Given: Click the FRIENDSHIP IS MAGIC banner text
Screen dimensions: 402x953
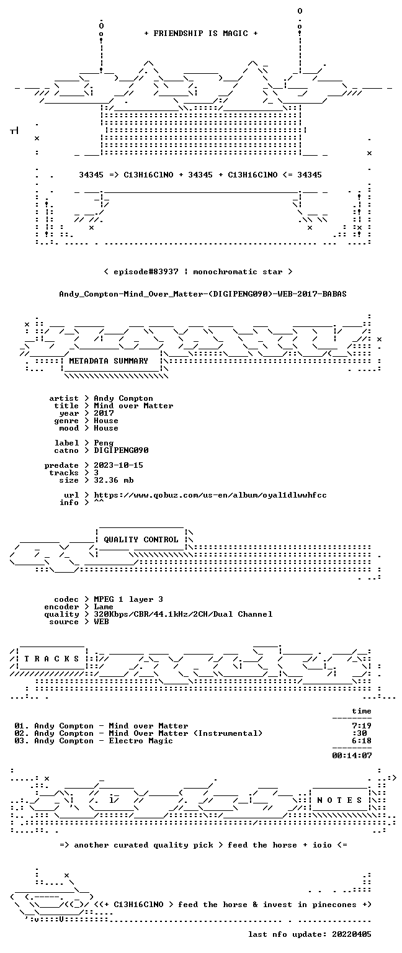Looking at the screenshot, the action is click(x=201, y=33).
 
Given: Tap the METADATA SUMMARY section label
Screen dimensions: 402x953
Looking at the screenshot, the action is click(x=109, y=360).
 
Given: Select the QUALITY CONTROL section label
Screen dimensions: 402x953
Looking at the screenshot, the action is click(x=141, y=539).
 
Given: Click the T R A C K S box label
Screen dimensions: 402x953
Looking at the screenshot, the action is click(x=52, y=658).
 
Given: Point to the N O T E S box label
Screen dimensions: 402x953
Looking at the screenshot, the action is click(x=339, y=800).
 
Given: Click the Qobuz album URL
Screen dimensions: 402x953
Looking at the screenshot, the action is click(x=210, y=495).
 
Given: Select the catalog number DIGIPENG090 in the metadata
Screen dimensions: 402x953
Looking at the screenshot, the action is click(x=121, y=450).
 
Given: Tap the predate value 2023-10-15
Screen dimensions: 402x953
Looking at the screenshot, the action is click(x=118, y=465).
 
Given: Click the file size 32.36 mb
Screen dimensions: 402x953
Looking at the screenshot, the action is click(x=114, y=480).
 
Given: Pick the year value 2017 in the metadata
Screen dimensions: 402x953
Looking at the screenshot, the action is click(x=104, y=413).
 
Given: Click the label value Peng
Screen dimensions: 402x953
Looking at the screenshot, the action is click(x=104, y=444).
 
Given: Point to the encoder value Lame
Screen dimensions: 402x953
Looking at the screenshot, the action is click(x=104, y=607).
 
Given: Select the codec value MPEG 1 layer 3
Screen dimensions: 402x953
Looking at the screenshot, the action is click(x=128, y=599).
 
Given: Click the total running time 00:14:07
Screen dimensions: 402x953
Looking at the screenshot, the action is click(x=352, y=756).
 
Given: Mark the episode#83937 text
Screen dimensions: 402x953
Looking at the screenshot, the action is click(x=146, y=271).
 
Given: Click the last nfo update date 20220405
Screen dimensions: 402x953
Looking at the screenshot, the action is click(x=352, y=934).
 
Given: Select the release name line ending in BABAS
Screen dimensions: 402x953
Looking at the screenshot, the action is click(x=202, y=294).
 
